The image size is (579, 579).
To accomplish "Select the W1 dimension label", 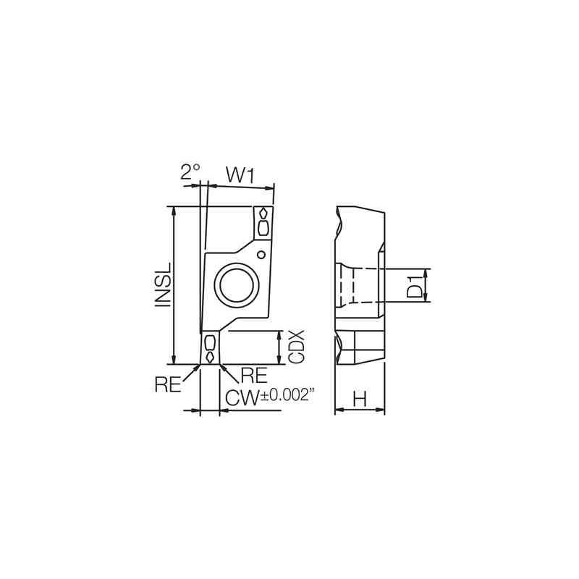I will click(x=239, y=174).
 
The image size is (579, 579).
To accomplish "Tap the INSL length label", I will click(x=164, y=286).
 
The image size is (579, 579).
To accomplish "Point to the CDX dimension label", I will click(x=295, y=347).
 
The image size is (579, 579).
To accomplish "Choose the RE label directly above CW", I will click(x=253, y=373).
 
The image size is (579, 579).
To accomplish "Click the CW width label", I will click(x=242, y=397).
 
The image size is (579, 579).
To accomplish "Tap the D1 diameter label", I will click(x=413, y=286).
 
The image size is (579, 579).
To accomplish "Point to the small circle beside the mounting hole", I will click(x=261, y=253).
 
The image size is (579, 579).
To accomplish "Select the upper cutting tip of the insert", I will click(x=263, y=221).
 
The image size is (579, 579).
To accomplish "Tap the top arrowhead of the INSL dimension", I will click(x=174, y=211).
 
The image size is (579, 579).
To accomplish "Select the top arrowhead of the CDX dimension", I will click(x=280, y=334).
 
